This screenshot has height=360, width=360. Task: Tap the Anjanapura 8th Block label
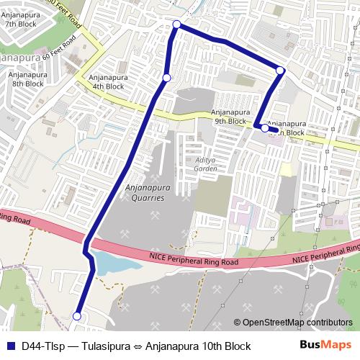click(28, 78)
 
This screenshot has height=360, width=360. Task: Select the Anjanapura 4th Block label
click(106, 82)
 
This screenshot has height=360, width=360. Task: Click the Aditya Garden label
click(205, 164)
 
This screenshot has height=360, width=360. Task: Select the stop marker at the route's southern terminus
click(78, 315)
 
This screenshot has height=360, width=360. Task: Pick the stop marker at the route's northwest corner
click(177, 25)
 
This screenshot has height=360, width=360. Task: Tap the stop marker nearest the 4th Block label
click(166, 78)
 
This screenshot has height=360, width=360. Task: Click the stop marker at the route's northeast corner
click(281, 70)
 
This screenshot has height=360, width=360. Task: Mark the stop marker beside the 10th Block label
click(265, 128)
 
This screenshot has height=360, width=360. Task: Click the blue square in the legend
click(9, 346)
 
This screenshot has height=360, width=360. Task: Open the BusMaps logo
click(325, 346)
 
